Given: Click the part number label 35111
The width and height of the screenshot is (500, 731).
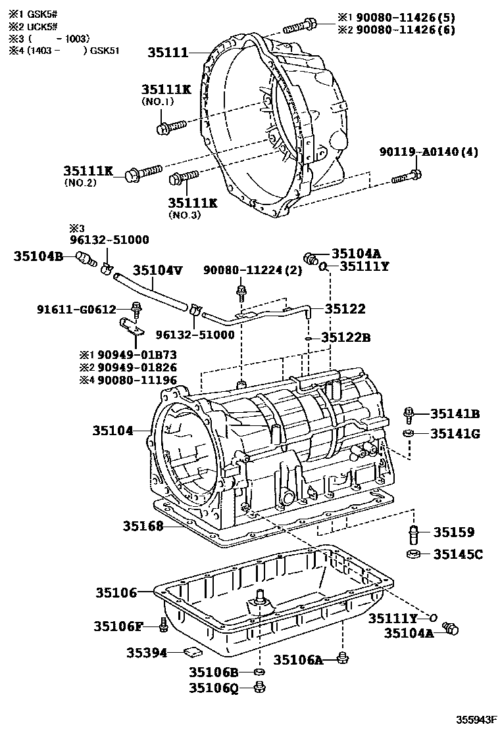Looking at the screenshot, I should (170, 52).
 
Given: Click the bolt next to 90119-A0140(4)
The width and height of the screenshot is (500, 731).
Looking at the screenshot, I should (407, 176).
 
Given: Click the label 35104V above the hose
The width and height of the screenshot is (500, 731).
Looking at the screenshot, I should (157, 270).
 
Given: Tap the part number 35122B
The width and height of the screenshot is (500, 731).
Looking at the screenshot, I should (346, 338).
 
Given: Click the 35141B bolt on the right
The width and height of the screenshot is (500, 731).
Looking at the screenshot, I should (409, 413).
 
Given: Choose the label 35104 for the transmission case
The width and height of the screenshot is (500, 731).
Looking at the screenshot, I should (113, 431).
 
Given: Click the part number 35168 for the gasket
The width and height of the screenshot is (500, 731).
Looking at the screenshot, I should (142, 526).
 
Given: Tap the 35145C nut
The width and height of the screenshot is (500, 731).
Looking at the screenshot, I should (414, 554).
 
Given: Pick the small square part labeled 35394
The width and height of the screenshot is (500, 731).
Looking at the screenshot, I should (193, 651).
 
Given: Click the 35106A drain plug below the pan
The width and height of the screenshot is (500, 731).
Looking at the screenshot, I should (342, 657).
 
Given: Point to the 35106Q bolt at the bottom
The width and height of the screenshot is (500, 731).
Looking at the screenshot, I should (259, 688).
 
